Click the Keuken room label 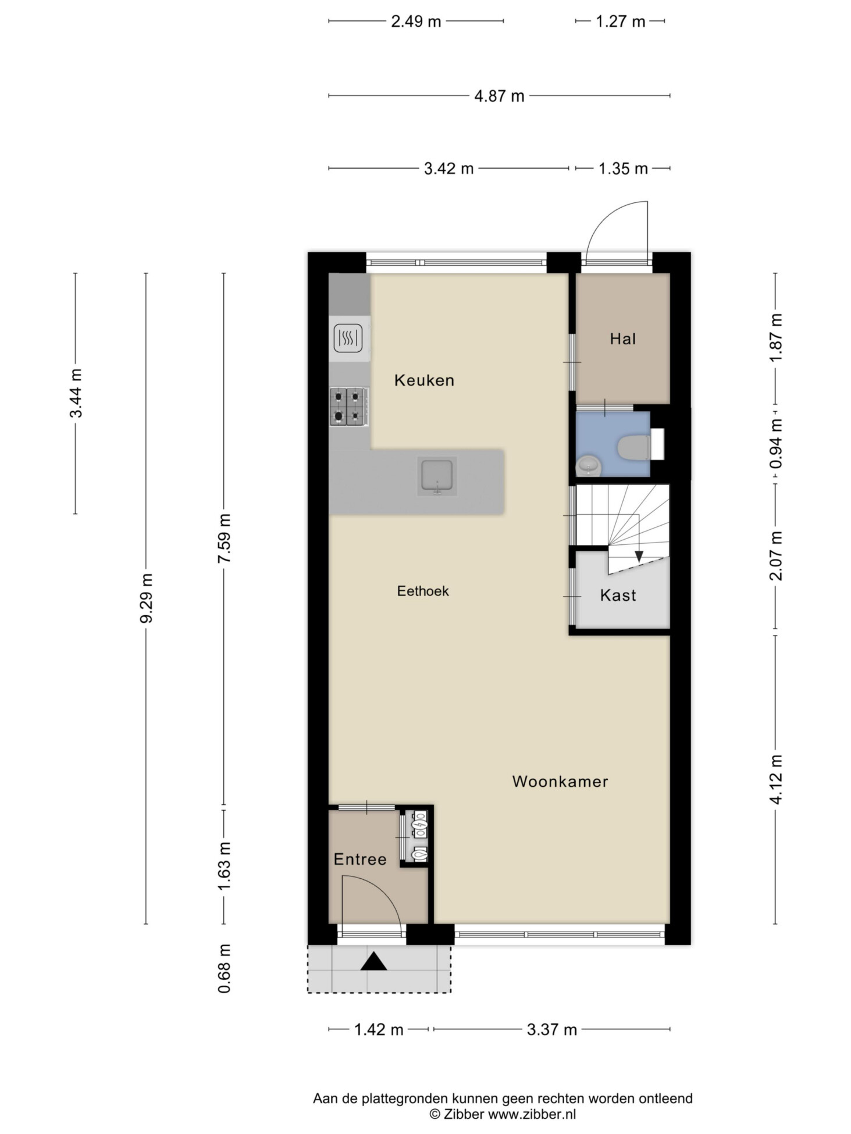pyautogui.click(x=424, y=380)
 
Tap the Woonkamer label pyautogui.click(x=560, y=781)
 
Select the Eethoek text pyautogui.click(x=423, y=591)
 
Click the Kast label pyautogui.click(x=618, y=595)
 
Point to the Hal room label pyautogui.click(x=623, y=338)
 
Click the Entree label pyautogui.click(x=360, y=859)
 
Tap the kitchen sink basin pyautogui.click(x=437, y=476)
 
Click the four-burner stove pyautogui.click(x=348, y=407)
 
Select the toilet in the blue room pyautogui.click(x=634, y=448)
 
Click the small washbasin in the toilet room pyautogui.click(x=589, y=466)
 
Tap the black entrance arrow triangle pyautogui.click(x=373, y=962)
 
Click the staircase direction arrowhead pyautogui.click(x=639, y=557)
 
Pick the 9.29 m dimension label pyautogui.click(x=146, y=598)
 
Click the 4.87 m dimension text pyautogui.click(x=499, y=96)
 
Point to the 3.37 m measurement pyautogui.click(x=551, y=1030)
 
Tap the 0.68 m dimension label pyautogui.click(x=224, y=968)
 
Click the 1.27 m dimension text pyautogui.click(x=620, y=22)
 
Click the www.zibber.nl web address pyautogui.click(x=532, y=1114)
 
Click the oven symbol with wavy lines pyautogui.click(x=348, y=338)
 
